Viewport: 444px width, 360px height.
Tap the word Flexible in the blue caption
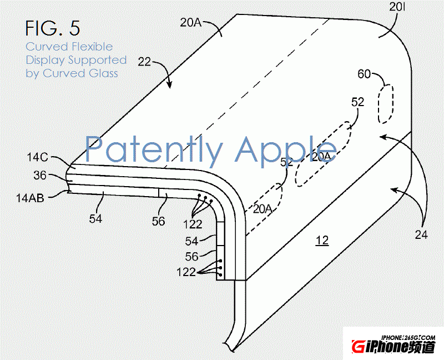pos(92,47)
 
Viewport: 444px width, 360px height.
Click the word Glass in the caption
pos(103,73)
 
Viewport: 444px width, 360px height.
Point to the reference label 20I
pos(397,7)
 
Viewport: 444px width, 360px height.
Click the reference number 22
pos(144,62)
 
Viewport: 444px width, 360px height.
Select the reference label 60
pos(364,74)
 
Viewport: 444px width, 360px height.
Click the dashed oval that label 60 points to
pos(386,104)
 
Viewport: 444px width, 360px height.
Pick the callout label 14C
pos(37,157)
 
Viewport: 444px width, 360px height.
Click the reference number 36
pos(40,176)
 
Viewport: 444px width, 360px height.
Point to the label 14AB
pos(30,198)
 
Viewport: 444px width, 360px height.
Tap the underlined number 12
pos(322,241)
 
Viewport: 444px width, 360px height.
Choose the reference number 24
pos(421,234)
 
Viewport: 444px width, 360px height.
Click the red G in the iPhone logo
pos(358,347)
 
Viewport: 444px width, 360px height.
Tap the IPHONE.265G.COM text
pos(408,337)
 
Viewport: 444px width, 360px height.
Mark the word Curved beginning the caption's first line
pos(47,47)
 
